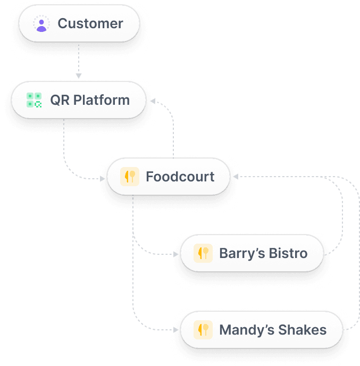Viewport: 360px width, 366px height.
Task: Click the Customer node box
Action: click(x=79, y=24)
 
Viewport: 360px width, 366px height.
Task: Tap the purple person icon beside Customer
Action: click(x=41, y=24)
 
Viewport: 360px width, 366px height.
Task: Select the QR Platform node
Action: click(x=79, y=100)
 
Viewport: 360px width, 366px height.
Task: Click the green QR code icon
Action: click(x=34, y=100)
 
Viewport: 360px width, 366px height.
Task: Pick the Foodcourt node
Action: click(x=169, y=177)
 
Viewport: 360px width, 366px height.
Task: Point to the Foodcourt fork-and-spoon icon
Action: click(x=130, y=177)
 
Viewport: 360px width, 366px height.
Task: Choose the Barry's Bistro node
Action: click(x=252, y=253)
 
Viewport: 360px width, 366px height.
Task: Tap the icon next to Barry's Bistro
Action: click(x=203, y=253)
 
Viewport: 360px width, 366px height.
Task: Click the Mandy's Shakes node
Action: click(x=261, y=330)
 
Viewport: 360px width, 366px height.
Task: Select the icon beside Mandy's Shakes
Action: click(x=203, y=330)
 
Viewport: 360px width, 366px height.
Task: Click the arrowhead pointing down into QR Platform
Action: click(x=79, y=76)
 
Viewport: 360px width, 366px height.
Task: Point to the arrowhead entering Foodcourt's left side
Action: click(x=103, y=179)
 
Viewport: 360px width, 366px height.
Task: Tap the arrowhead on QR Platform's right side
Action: click(x=153, y=100)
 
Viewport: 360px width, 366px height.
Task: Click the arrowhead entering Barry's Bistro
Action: click(x=176, y=254)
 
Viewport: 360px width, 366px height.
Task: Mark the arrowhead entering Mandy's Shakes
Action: click(x=176, y=330)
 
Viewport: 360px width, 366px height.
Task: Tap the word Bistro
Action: click(x=288, y=253)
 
